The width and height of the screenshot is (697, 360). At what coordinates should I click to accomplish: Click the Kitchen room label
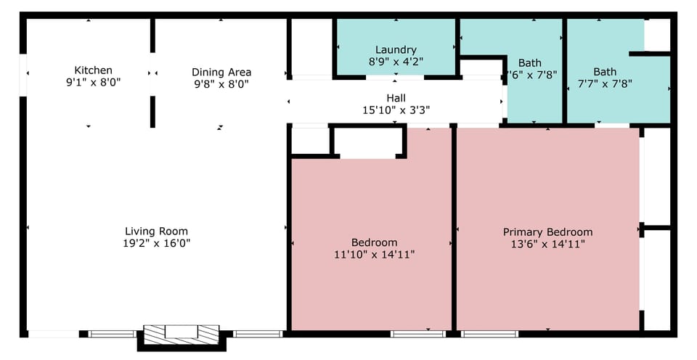(94, 70)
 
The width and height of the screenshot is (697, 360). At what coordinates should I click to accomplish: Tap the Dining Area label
(221, 72)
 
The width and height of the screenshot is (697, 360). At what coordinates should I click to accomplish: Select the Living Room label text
(156, 232)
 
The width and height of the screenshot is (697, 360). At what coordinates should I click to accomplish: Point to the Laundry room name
(396, 50)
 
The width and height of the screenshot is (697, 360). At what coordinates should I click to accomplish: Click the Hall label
(396, 98)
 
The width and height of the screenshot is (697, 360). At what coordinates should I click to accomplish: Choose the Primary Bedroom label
(547, 232)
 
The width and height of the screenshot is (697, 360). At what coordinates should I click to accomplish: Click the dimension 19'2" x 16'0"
(156, 243)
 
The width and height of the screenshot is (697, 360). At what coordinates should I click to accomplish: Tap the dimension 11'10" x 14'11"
(374, 254)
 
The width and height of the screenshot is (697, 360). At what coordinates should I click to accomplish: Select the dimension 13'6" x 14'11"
(547, 244)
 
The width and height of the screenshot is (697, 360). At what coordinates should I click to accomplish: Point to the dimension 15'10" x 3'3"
(396, 110)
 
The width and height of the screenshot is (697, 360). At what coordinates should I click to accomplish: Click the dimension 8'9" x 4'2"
(396, 62)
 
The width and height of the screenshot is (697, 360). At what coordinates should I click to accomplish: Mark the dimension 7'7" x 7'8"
(605, 83)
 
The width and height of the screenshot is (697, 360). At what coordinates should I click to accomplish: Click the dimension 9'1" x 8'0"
(94, 82)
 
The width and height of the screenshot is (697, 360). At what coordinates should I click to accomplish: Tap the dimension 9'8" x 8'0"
(221, 83)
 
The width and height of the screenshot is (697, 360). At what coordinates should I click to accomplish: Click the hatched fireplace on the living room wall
(181, 334)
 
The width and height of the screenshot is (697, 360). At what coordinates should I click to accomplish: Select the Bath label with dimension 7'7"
(605, 72)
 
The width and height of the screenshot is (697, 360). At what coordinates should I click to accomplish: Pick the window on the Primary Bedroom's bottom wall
(489, 334)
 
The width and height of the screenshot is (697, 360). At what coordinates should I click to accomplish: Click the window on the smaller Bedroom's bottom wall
(417, 334)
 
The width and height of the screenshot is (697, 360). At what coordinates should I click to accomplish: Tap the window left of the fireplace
(112, 334)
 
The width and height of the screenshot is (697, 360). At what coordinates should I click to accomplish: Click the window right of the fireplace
(258, 334)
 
